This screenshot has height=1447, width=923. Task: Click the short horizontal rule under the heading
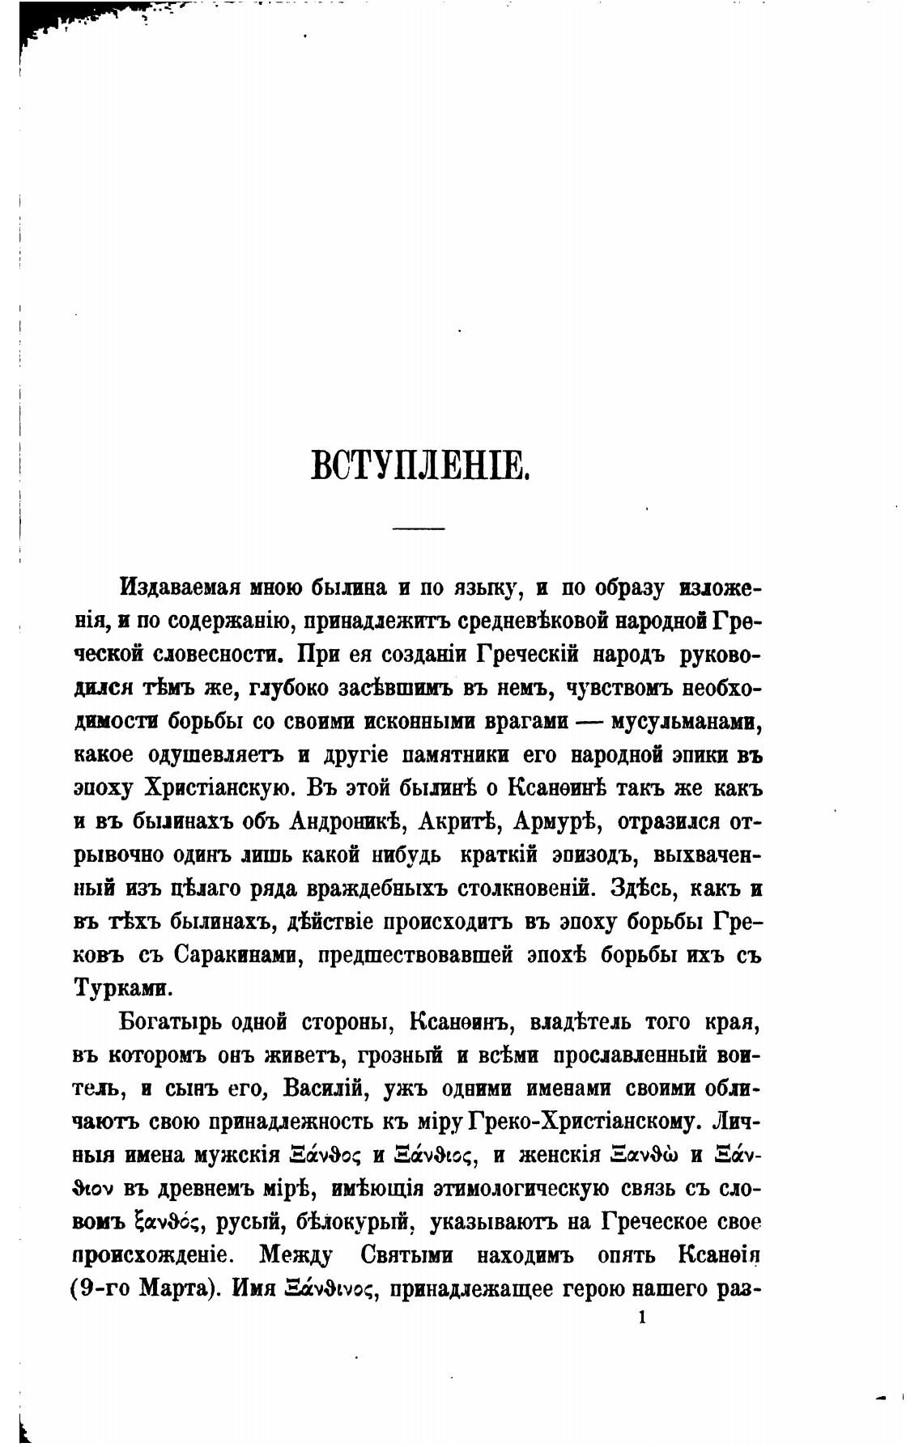419,528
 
